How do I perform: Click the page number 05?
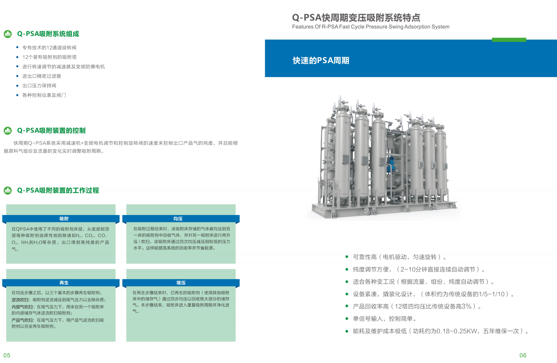[x=7, y=355]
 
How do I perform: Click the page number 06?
[x=523, y=355]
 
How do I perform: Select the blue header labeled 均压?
[x=181, y=219]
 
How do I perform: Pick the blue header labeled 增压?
[x=181, y=283]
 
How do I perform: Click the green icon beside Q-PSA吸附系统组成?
[x=7, y=34]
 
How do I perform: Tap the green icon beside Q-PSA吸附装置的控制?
[x=7, y=130]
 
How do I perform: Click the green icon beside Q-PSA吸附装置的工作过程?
[x=7, y=190]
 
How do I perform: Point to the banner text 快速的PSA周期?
[x=321, y=60]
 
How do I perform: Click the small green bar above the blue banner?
[x=509, y=40]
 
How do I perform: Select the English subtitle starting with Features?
[x=371, y=27]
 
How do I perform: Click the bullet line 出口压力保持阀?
[x=39, y=86]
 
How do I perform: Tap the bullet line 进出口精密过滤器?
[x=42, y=76]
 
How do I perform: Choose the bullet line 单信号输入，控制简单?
[x=384, y=319]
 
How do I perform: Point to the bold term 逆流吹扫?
[x=20, y=300]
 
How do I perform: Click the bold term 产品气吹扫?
[x=22, y=320]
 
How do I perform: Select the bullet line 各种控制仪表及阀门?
[x=44, y=95]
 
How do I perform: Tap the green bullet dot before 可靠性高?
[x=347, y=257]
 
